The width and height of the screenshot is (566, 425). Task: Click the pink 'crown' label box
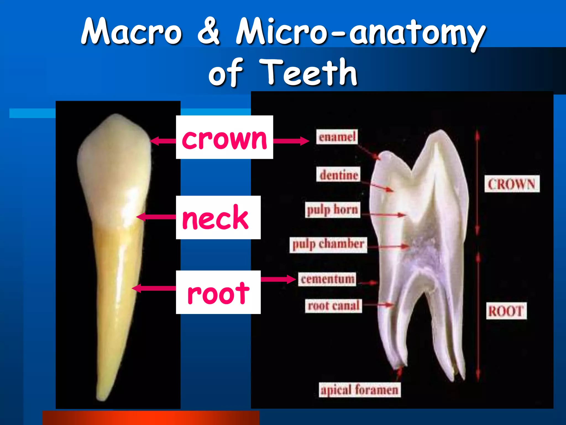click(x=224, y=137)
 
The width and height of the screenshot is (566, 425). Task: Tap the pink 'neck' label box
click(x=218, y=217)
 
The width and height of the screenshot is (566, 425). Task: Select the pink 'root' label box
click(x=218, y=292)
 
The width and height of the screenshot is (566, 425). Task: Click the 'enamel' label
click(x=337, y=137)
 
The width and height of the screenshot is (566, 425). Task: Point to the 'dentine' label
click(x=338, y=174)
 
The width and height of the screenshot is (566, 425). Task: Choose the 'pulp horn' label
click(x=332, y=210)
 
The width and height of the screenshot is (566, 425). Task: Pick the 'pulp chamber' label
click(x=328, y=245)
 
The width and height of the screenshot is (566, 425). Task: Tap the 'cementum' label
click(x=327, y=279)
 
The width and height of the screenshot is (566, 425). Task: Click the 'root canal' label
click(x=334, y=306)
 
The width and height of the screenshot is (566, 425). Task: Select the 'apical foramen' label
click(x=360, y=390)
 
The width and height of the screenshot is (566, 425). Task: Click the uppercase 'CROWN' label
click(x=512, y=184)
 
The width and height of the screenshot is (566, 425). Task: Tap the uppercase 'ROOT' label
click(x=506, y=311)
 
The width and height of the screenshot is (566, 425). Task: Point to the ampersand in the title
click(x=209, y=31)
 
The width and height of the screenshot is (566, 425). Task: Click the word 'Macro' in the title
click(x=132, y=31)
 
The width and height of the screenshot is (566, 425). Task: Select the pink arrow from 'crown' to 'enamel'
click(x=291, y=141)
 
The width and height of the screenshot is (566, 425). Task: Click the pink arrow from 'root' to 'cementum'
click(x=278, y=279)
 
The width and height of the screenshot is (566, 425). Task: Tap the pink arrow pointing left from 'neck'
click(x=156, y=217)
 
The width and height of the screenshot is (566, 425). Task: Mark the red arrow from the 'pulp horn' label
click(x=383, y=214)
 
